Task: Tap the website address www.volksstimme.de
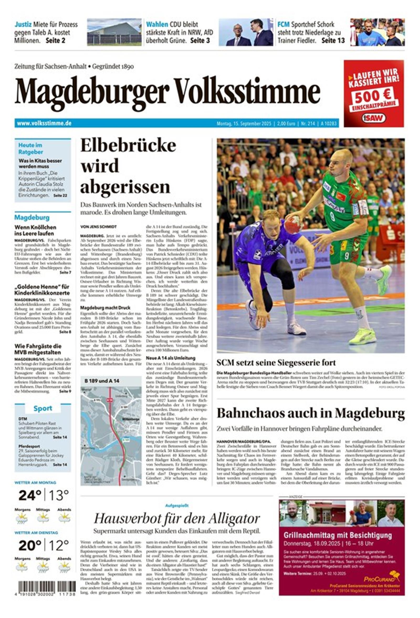44,123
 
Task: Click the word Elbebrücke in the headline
128,146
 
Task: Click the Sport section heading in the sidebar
43,408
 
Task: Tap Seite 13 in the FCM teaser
333,40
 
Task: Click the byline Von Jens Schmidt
98,227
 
